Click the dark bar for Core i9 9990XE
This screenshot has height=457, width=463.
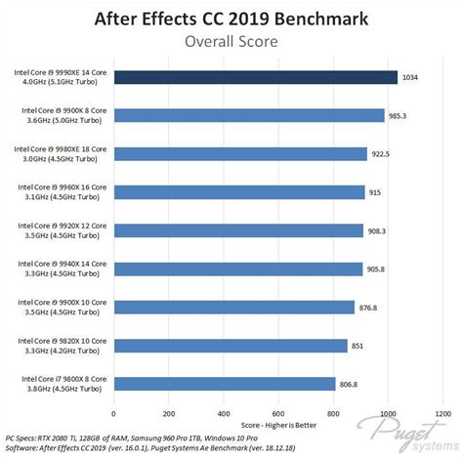pyautogui.click(x=256, y=77)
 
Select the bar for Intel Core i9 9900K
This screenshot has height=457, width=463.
pyautogui.click(x=249, y=115)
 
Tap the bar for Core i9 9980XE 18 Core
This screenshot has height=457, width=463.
pyautogui.click(x=240, y=153)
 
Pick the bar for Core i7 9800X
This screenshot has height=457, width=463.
pyautogui.click(x=225, y=383)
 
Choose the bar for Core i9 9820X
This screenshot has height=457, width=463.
pyautogui.click(x=231, y=345)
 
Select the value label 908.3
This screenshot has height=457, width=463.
pyautogui.click(x=382, y=230)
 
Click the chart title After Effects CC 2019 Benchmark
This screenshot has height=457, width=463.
pyautogui.click(x=231, y=18)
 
